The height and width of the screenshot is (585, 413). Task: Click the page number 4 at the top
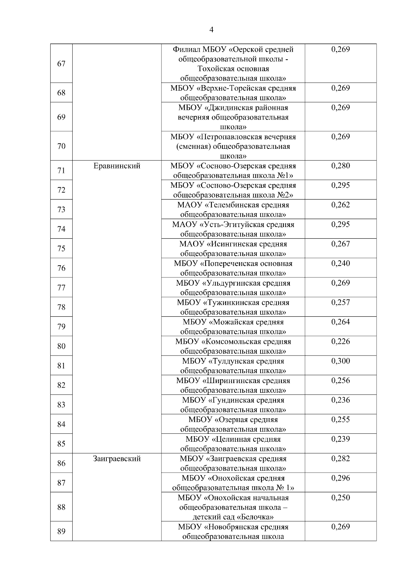point(211,30)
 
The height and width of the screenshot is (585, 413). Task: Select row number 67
point(61,64)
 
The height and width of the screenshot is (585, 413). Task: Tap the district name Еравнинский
point(117,166)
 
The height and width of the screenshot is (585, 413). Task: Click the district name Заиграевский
point(117,459)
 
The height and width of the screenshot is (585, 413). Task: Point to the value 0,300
point(340,361)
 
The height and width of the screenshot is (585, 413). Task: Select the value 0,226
point(340,341)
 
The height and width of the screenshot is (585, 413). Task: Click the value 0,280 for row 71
point(340,166)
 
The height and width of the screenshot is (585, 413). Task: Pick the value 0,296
point(340,478)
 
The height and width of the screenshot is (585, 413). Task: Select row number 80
point(61,346)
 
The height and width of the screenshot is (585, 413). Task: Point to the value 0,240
point(340,264)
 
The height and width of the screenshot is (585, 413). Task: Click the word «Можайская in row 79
point(229,322)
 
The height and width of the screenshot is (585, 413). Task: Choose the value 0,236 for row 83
point(340,400)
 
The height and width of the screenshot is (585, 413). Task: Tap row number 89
point(61,532)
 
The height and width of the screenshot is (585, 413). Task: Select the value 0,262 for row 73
point(340,205)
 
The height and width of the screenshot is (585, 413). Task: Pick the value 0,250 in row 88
point(340,498)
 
